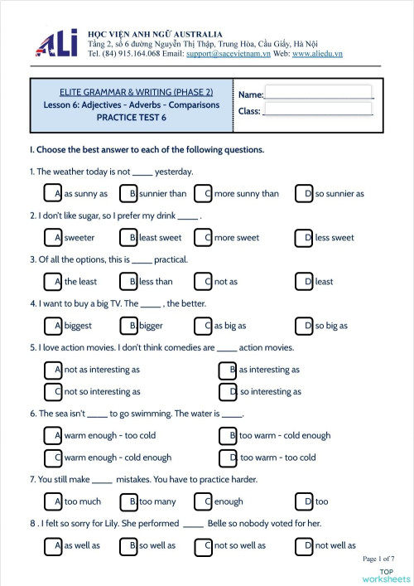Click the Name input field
point(319,92)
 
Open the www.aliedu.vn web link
point(317,54)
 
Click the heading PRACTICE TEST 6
point(132,118)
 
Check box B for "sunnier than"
point(128,194)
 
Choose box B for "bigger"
point(128,326)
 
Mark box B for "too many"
point(128,501)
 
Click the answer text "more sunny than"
point(247,194)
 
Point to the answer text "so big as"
point(331,326)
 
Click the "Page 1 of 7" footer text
point(378,559)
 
